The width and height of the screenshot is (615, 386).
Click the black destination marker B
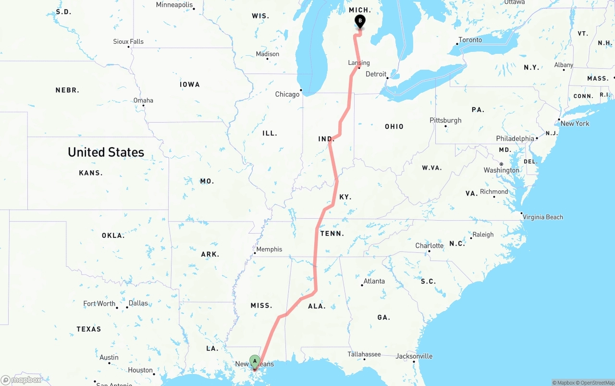pos(360,21)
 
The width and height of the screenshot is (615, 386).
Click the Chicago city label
pos(287,94)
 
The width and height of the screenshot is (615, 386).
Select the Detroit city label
pos(376,74)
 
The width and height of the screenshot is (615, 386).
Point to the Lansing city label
pos(359,62)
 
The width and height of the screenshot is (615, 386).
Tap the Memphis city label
pos(269,249)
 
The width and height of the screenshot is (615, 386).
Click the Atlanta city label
pos(374,281)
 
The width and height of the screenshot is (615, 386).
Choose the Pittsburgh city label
pos(445,120)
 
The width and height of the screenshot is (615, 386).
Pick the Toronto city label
pos(470,40)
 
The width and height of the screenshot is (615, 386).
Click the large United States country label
pos(106,152)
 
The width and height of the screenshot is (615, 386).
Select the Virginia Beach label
pos(542,217)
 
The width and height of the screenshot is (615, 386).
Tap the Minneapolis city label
pos(174,5)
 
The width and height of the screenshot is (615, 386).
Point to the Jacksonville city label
pos(414,356)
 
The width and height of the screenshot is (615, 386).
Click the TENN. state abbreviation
pos(332,234)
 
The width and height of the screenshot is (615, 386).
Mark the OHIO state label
pos(394,126)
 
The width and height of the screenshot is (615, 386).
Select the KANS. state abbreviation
pos(90,173)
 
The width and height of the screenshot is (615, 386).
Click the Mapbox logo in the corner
pos(21,380)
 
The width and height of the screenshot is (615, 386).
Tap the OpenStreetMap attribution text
pos(596,383)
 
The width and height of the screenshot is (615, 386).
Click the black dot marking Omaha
pos(143,105)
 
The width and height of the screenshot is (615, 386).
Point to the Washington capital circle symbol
pos(501,164)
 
